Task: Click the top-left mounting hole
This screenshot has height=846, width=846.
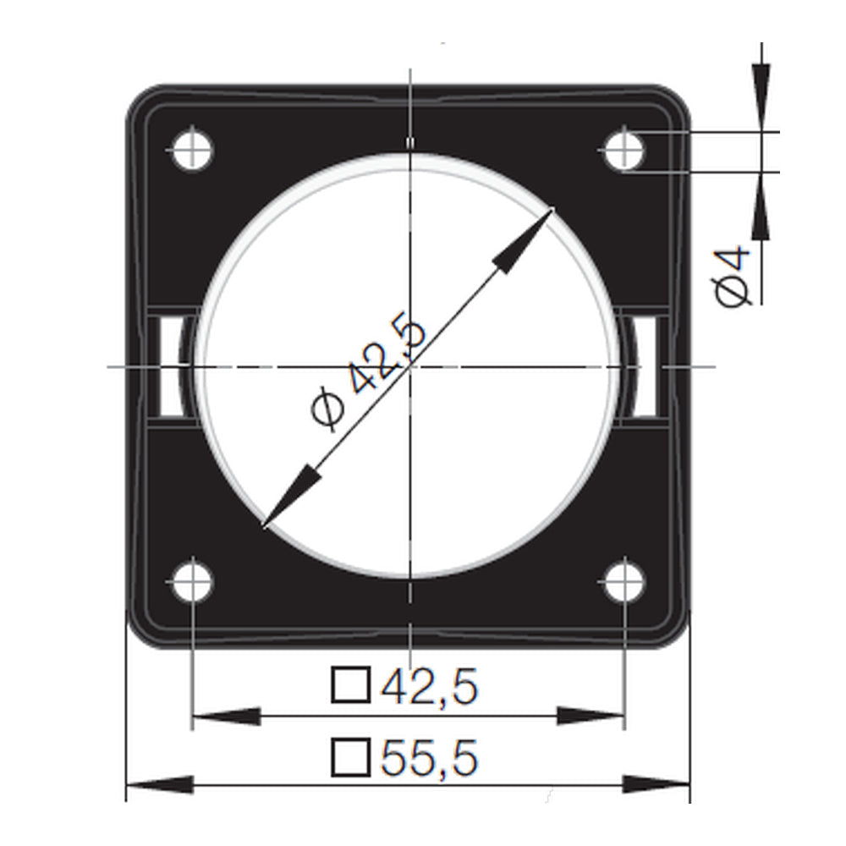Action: [193, 151]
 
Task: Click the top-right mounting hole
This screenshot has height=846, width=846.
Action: [624, 151]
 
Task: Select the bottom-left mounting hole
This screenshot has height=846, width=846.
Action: [193, 583]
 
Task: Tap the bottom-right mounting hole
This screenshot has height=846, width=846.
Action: [624, 583]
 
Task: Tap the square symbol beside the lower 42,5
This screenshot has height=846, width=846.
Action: [350, 685]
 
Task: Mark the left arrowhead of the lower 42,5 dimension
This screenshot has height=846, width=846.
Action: [225, 717]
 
